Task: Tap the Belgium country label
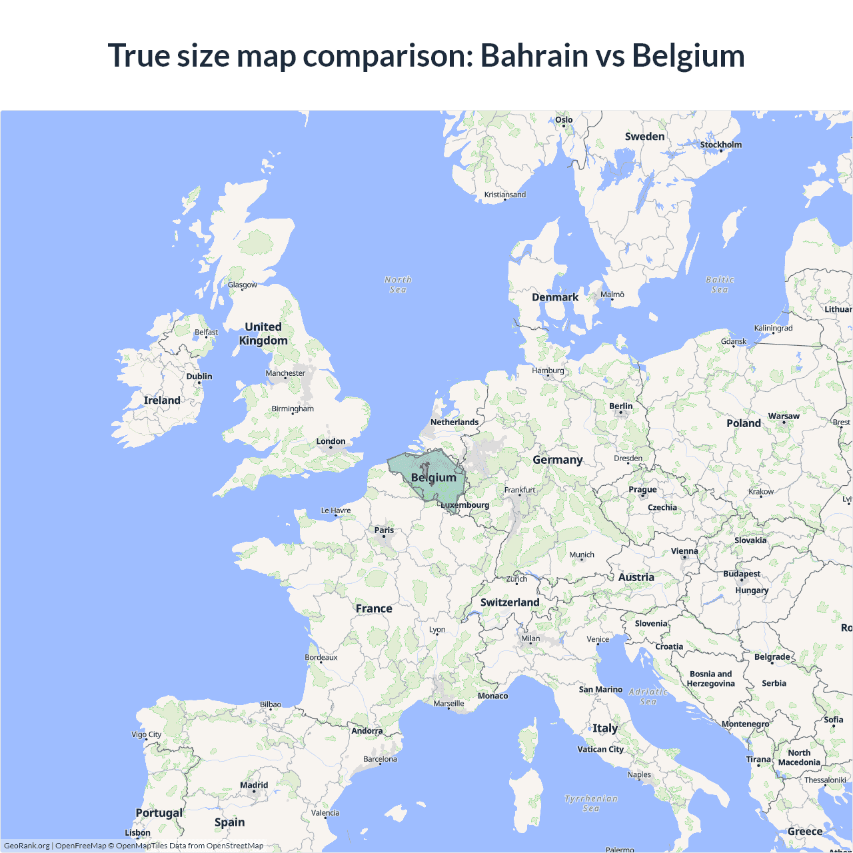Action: point(434,478)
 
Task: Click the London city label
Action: point(331,441)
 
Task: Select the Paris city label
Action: point(384,530)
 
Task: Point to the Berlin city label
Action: point(620,406)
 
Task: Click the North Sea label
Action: point(398,285)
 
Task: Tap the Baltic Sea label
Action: point(720,285)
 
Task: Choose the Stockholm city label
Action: point(720,145)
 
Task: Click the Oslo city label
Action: point(564,120)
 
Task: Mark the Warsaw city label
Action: point(784,416)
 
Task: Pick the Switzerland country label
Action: point(510,602)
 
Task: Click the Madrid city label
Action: point(254,785)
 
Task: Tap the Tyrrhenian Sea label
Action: point(591,803)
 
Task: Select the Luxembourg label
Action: point(465,505)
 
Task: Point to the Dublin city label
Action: point(199,377)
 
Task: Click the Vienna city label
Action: point(684,551)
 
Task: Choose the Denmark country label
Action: point(555,297)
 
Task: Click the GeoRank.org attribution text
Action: point(27,846)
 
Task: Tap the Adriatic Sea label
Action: point(648,696)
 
